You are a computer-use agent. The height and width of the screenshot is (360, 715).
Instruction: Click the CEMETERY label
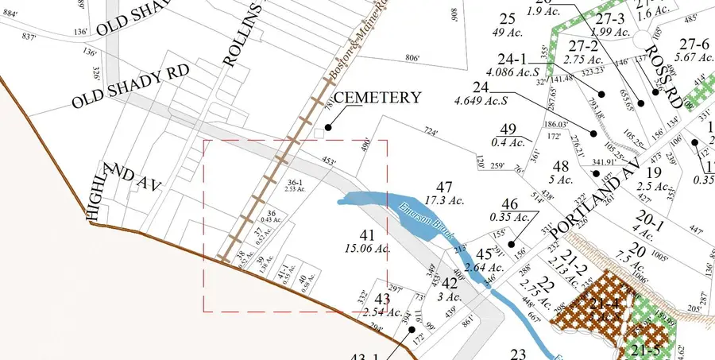(377, 98)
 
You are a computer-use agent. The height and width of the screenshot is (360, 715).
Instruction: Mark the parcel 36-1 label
(296, 184)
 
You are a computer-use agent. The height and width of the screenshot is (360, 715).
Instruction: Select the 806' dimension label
(412, 58)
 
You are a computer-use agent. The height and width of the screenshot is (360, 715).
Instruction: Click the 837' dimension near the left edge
(29, 37)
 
